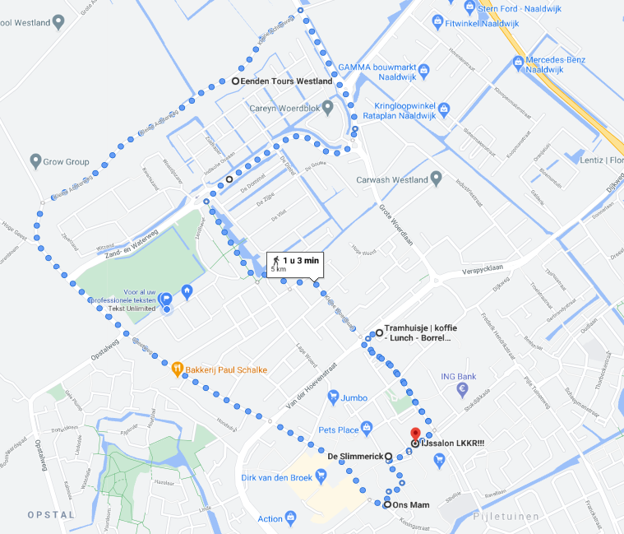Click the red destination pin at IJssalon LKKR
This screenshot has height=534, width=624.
click(415, 435)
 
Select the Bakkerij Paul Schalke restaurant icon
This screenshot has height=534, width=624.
click(177, 369)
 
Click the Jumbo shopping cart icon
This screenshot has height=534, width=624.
click(333, 397)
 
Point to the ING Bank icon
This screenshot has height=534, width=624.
click(463, 388)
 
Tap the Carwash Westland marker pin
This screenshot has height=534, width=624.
click(437, 179)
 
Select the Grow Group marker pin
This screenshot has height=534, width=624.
click(35, 161)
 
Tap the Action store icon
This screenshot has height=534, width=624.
click(291, 518)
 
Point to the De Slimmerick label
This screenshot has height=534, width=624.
click(355, 456)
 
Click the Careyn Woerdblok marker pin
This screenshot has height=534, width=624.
click(328, 108)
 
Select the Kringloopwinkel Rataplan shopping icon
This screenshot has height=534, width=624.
click(445, 108)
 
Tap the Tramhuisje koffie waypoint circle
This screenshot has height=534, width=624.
click(379, 332)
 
